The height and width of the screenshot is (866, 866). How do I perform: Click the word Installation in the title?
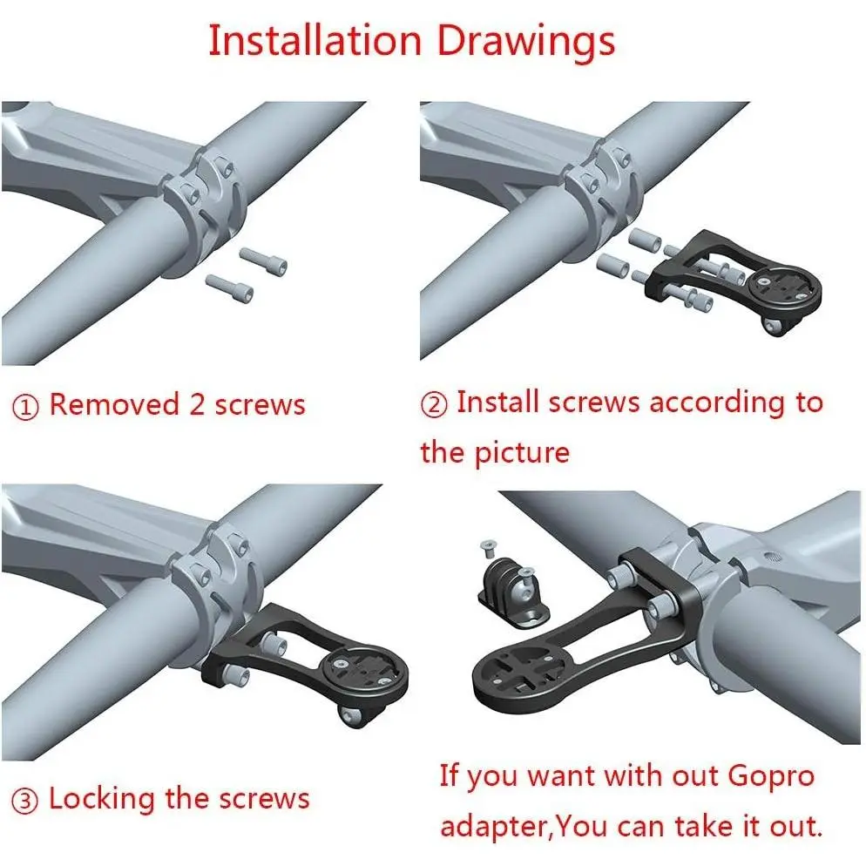coord(315,40)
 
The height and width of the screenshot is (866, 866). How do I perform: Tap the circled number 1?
coord(25,408)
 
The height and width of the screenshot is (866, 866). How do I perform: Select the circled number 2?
coord(434,405)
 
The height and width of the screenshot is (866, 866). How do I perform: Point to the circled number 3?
coord(25,802)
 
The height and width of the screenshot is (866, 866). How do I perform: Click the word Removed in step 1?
coord(114,403)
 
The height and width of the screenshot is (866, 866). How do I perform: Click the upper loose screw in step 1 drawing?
coord(263,260)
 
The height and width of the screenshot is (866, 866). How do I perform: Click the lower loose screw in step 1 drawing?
coord(229,288)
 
